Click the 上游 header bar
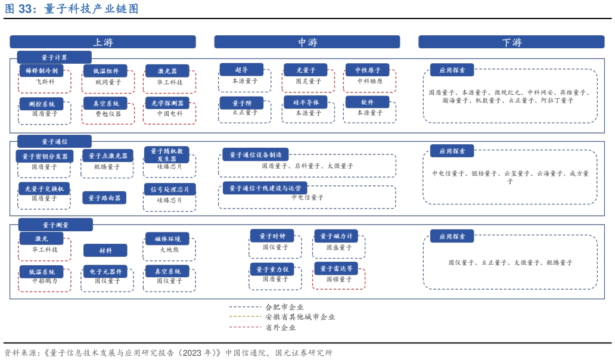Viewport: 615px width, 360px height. pyautogui.click(x=102, y=42)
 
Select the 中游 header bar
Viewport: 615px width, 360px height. pyautogui.click(x=307, y=42)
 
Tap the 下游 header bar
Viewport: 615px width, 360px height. pyautogui.click(x=511, y=42)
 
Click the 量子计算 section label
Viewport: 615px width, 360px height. pyautogui.click(x=54, y=57)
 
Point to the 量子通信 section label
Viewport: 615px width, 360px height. pyautogui.click(x=54, y=141)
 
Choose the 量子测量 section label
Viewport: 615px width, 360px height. pyautogui.click(x=55, y=225)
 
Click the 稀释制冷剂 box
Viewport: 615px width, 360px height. pyautogui.click(x=41, y=70)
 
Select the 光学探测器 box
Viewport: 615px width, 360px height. pyautogui.click(x=167, y=103)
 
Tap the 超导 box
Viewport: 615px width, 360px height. pyautogui.click(x=241, y=70)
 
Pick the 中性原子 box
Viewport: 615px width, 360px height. pyautogui.click(x=368, y=70)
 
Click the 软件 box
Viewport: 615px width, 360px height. pyautogui.click(x=368, y=102)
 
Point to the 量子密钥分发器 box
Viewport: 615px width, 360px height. pyautogui.click(x=45, y=156)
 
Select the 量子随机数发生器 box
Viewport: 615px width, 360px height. pyautogui.click(x=167, y=155)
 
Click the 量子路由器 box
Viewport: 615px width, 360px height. pyautogui.click(x=104, y=198)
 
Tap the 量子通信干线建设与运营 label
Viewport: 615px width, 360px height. pyautogui.click(x=265, y=188)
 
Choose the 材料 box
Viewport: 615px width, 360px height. pyautogui.click(x=105, y=250)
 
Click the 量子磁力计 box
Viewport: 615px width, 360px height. pyautogui.click(x=336, y=236)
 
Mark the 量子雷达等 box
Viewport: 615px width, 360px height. pyautogui.click(x=336, y=268)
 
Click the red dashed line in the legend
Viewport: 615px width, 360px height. pyautogui.click(x=246, y=327)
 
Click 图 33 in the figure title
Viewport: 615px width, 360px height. pyautogui.click(x=18, y=9)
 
